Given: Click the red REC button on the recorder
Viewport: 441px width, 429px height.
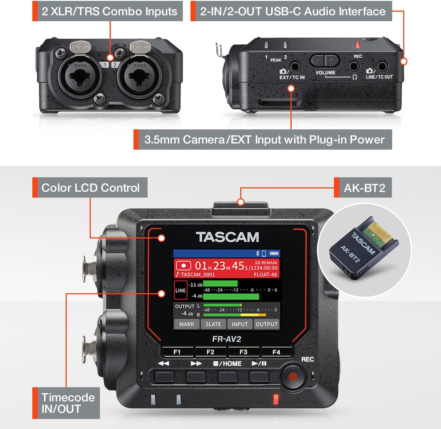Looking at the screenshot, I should pyautogui.click(x=293, y=376).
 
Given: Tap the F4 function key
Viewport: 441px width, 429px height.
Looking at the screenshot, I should pyautogui.click(x=276, y=352).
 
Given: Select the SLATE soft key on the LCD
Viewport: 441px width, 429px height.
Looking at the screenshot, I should pyautogui.click(x=213, y=324).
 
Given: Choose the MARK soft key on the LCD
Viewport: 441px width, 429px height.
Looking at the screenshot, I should pyautogui.click(x=187, y=324).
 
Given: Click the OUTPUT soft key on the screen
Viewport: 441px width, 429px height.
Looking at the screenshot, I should pyautogui.click(x=266, y=324).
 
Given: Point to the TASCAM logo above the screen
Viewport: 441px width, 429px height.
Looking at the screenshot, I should pyautogui.click(x=227, y=237).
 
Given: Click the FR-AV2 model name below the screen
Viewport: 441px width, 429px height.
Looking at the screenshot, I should pyautogui.click(x=227, y=339).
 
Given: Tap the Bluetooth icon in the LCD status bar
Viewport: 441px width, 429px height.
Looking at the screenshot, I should pyautogui.click(x=257, y=253).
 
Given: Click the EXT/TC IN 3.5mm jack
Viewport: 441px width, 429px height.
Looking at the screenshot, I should pyautogui.click(x=295, y=66).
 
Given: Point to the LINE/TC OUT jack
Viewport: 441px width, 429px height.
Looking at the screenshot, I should pyautogui.click(x=382, y=66).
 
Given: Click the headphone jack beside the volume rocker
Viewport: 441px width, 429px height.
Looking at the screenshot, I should pyautogui.click(x=354, y=66).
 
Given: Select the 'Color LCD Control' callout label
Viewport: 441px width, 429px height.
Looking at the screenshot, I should pyautogui.click(x=90, y=188).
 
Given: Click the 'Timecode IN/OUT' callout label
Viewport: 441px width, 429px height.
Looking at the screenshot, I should pyautogui.click(x=68, y=403).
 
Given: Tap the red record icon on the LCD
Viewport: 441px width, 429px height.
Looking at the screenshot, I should pyautogui.click(x=183, y=266).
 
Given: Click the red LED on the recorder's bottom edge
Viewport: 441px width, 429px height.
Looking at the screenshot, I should pyautogui.click(x=276, y=399).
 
